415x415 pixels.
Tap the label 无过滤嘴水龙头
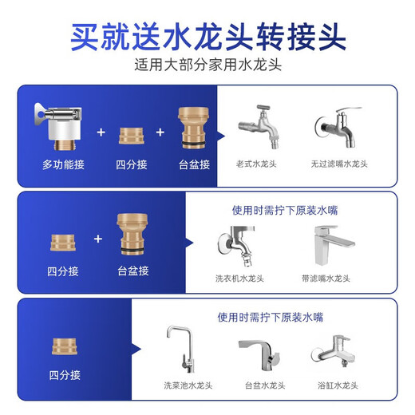[339, 164]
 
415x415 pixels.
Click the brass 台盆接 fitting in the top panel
[194, 128]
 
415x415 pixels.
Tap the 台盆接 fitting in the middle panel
[132, 235]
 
